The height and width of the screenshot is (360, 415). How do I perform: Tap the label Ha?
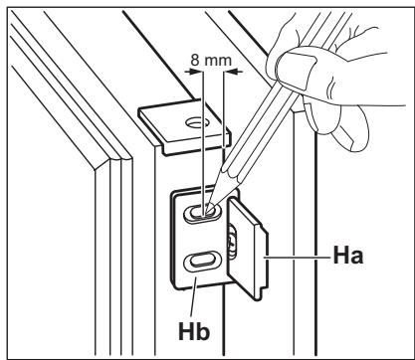pos(344,255)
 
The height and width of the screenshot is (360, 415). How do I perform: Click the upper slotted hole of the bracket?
pos(203,212)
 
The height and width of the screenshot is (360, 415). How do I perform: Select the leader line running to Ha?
pos(299,255)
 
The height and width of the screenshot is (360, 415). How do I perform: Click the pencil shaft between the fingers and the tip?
pos(254,129)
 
